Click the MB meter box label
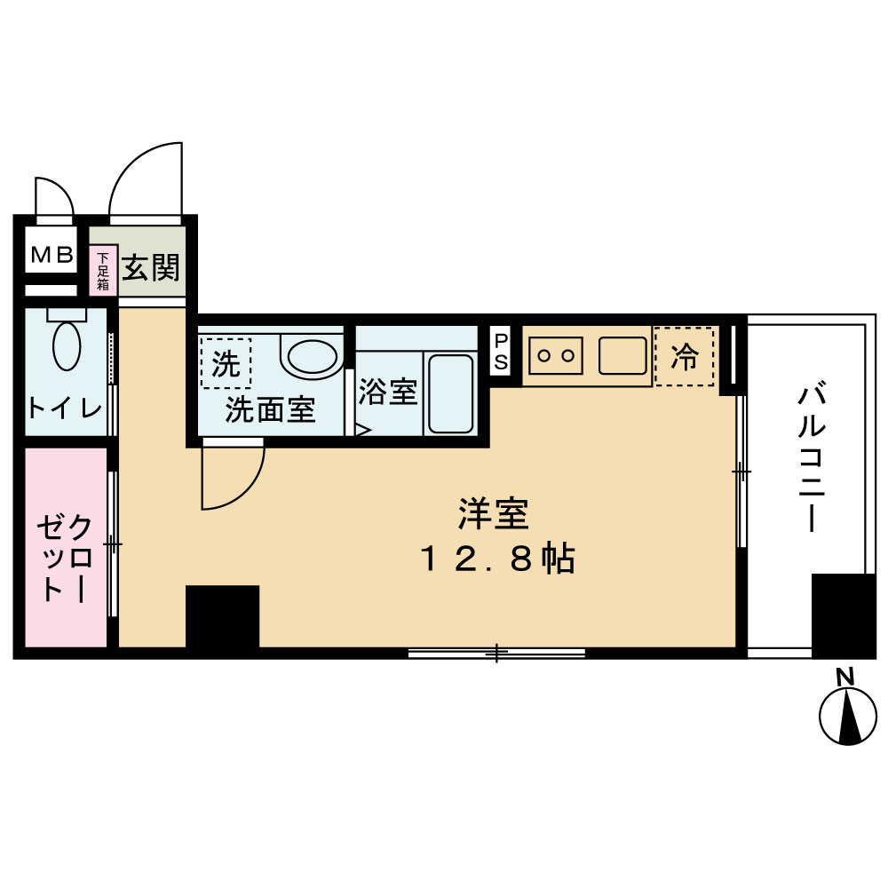click(52, 257)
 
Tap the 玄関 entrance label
click(151, 266)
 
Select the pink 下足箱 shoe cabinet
click(103, 271)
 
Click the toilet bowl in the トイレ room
click(67, 345)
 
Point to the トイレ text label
click(65, 408)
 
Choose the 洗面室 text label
click(270, 410)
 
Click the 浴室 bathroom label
click(388, 392)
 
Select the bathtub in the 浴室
click(450, 394)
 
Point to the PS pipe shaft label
click(502, 352)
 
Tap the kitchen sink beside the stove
click(622, 356)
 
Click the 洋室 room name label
click(494, 514)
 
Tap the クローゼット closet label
click(65, 559)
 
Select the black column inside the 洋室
click(222, 616)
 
